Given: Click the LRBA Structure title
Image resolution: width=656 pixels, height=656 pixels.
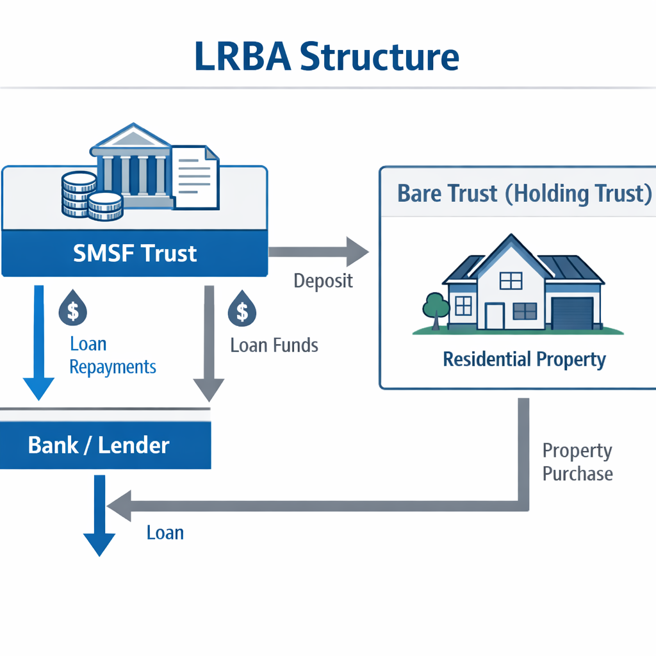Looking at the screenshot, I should [x=327, y=56].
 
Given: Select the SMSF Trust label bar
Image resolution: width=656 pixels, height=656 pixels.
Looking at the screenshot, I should [x=135, y=253].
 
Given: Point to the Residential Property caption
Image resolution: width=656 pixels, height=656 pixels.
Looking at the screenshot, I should [x=524, y=359].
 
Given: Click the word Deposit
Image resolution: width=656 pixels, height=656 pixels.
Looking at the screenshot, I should [x=323, y=281].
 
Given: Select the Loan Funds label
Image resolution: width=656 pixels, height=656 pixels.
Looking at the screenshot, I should [x=274, y=345].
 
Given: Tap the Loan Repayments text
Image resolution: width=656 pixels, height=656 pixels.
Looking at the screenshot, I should [x=113, y=356].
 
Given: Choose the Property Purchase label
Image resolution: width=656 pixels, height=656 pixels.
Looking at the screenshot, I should [x=577, y=462].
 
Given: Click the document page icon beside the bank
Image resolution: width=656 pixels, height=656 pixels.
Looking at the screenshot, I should [x=195, y=176].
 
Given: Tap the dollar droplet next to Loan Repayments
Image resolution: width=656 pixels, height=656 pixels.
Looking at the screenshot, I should [x=73, y=310].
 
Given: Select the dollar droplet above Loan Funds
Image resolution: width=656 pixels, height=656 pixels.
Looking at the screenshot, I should [x=242, y=310].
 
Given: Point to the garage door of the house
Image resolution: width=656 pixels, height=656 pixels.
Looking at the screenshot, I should [x=572, y=313].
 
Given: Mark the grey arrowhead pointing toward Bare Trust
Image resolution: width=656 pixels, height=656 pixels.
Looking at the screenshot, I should [x=357, y=251].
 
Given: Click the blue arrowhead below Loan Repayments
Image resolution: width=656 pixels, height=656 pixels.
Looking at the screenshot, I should [x=39, y=389].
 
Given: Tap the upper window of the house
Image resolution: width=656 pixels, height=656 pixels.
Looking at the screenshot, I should [x=511, y=281].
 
